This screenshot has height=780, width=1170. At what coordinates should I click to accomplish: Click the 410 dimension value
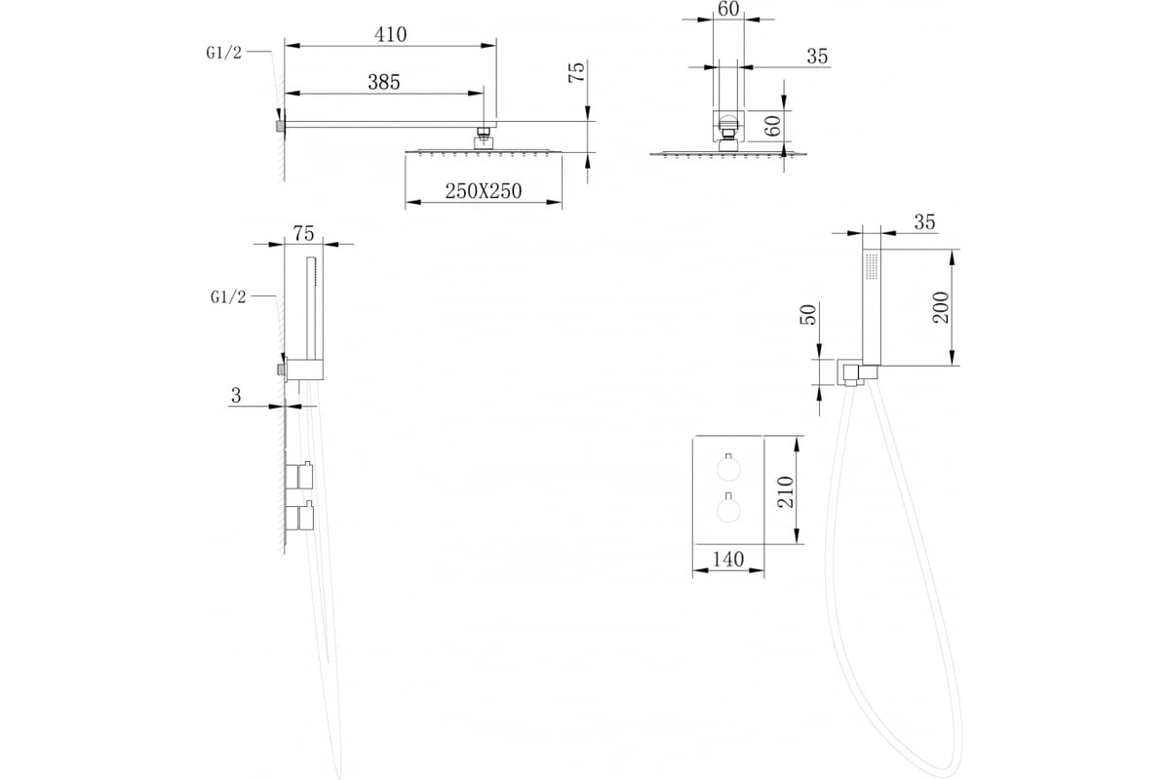[x=390, y=34]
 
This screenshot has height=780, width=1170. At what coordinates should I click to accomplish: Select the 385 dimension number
[x=384, y=82]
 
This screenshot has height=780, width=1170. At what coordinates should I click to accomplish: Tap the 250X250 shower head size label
[x=484, y=191]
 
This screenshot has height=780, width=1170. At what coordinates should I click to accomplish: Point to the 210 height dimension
[x=786, y=491]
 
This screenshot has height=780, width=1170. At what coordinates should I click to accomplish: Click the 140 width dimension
[x=728, y=560]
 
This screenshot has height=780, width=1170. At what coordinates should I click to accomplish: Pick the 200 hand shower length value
[x=941, y=308]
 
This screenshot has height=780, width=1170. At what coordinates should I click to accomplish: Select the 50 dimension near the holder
[x=808, y=315]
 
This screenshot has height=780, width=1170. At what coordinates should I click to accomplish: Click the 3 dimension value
[x=236, y=396]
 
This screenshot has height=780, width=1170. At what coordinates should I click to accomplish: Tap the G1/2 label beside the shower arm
[x=224, y=53]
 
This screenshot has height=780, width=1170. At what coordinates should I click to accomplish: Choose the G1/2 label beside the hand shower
[x=228, y=297]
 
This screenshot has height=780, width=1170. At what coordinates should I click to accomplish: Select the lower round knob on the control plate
[x=728, y=509]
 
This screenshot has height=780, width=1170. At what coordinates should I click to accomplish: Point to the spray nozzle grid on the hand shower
[x=872, y=266]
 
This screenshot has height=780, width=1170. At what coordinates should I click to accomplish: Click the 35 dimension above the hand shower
[x=924, y=222]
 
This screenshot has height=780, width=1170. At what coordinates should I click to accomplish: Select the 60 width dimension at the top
[x=728, y=9]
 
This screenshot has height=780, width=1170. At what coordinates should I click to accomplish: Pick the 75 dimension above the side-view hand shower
[x=303, y=233]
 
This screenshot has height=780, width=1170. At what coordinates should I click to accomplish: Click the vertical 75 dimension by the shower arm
[x=576, y=72]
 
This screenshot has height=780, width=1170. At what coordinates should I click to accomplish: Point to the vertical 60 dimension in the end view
[x=772, y=126]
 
